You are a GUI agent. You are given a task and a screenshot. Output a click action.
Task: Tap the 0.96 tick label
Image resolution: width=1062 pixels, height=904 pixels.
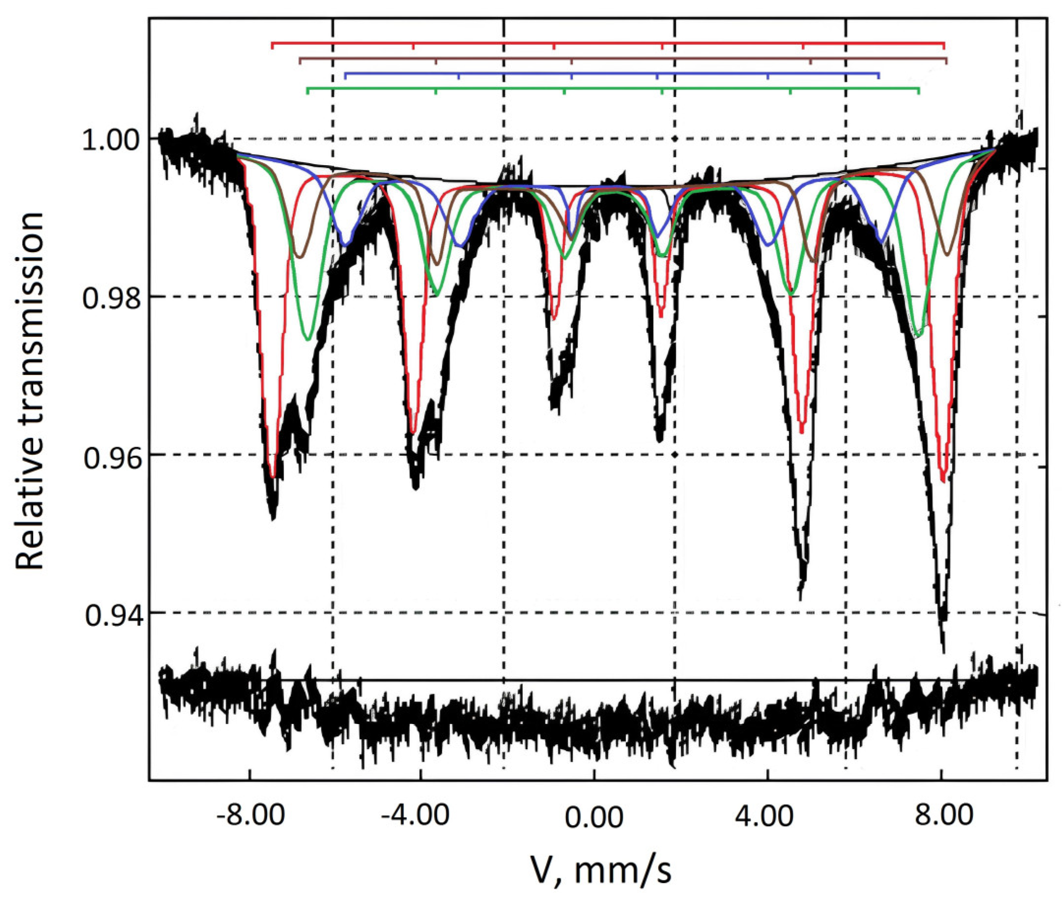[112, 456]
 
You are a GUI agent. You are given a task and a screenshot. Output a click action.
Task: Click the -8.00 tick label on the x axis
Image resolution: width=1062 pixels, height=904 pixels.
[250, 815]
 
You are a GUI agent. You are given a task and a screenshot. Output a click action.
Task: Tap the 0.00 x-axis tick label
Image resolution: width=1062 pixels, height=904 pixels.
[594, 815]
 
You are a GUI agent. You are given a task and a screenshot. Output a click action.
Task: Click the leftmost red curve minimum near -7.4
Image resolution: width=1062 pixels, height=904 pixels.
[272, 477]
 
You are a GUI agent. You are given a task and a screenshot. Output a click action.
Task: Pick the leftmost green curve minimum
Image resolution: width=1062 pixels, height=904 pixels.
[307, 339]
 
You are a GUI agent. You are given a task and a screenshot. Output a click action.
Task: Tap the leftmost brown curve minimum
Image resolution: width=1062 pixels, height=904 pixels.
[300, 256]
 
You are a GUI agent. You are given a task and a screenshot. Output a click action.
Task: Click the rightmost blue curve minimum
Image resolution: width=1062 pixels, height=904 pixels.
[881, 240]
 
